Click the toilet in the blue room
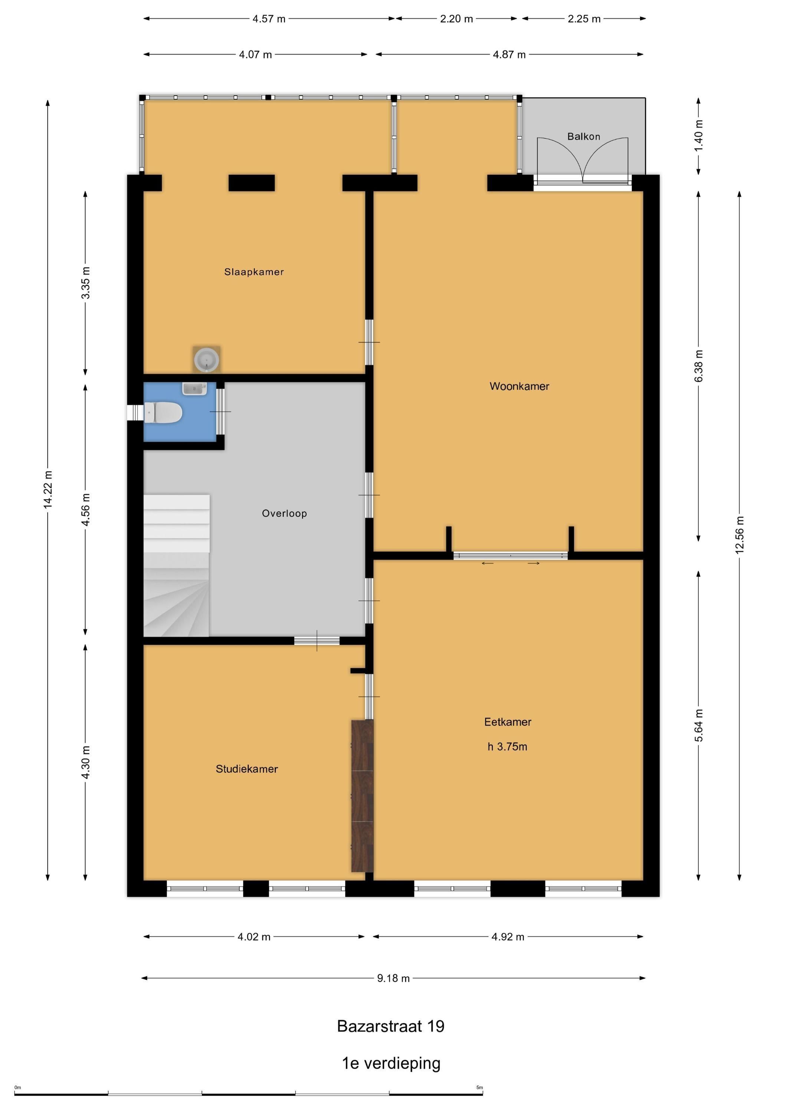tap(163, 413)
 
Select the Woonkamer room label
tap(519, 386)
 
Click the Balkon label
tap(584, 137)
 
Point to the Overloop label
tap(284, 513)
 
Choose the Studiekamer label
tap(247, 769)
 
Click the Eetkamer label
tap(508, 722)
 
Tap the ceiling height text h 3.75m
tap(507, 746)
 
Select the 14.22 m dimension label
tap(47, 490)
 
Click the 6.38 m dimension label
tap(699, 366)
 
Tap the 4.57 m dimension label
tap(269, 19)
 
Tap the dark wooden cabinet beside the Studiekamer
tap(362, 796)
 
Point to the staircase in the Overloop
tap(177, 565)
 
